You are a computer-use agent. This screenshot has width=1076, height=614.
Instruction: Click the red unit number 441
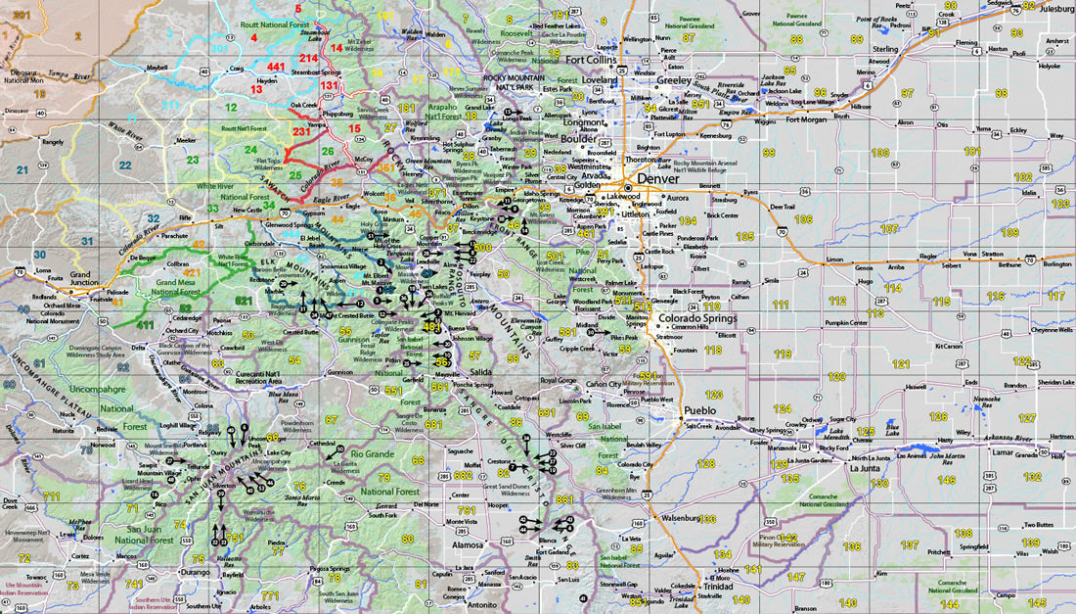point(276,67)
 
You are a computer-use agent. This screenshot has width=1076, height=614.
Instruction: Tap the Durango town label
point(195,570)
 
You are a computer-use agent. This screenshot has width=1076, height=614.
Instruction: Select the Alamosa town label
point(467,543)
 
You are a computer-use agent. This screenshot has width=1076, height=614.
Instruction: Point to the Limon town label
point(834,260)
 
